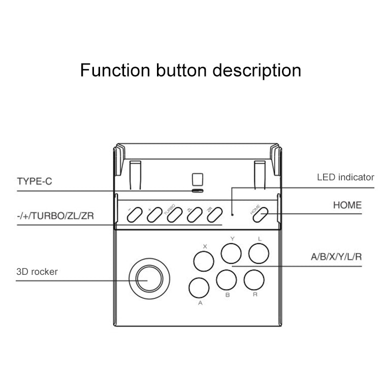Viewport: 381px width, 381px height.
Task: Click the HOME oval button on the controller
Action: pyautogui.click(x=261, y=216)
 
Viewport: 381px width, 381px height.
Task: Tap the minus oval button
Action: pyautogui.click(x=134, y=215)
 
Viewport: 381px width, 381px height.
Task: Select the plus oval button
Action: pyautogui.click(x=154, y=215)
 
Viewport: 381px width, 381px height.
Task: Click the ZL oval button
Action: pyautogui.click(x=194, y=215)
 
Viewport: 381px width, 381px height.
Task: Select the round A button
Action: pyautogui.click(x=198, y=288)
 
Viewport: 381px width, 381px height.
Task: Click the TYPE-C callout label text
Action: pyautogui.click(x=35, y=181)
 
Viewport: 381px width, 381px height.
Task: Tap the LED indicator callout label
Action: pyautogui.click(x=345, y=177)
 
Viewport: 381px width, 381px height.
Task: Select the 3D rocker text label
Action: pyautogui.click(x=37, y=272)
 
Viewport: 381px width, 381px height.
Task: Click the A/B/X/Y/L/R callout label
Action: pyautogui.click(x=336, y=257)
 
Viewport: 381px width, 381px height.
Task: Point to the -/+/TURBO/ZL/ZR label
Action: pyautogui.click(x=55, y=216)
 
